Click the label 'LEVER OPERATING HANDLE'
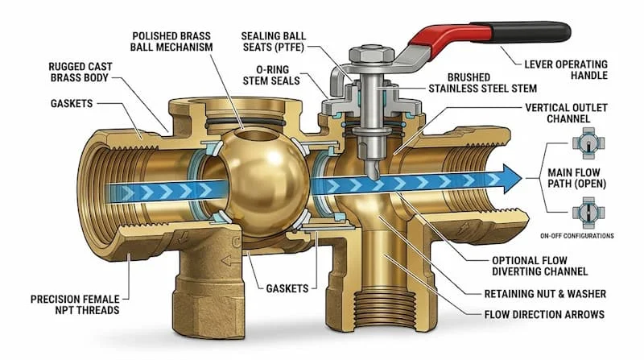[566, 70]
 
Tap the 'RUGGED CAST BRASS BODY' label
[80, 72]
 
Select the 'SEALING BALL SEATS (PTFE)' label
[274, 42]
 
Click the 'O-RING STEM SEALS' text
[271, 75]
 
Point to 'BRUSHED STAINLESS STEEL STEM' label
[482, 83]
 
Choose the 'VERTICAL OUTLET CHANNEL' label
[566, 113]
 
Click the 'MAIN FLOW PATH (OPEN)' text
[576, 178]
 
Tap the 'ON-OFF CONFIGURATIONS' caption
[576, 236]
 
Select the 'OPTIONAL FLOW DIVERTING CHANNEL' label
[539, 266]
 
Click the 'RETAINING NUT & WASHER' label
[545, 294]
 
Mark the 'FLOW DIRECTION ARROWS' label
[544, 314]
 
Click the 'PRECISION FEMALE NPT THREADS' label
[75, 304]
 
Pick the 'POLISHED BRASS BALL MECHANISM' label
[171, 42]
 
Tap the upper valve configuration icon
[588, 143]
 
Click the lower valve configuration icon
[588, 213]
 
